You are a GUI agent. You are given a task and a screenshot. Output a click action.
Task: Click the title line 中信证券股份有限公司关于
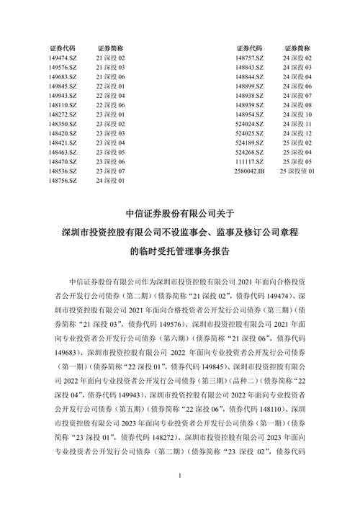pos(180,213)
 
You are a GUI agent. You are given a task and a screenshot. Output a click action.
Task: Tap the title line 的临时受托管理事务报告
pos(180,252)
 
